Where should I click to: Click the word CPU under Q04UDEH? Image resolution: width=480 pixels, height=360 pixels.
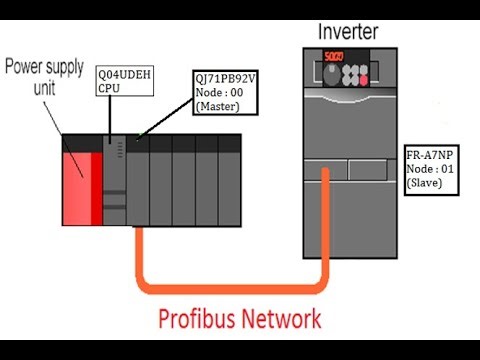point(109,88)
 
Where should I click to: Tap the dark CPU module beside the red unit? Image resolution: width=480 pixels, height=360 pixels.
point(114,180)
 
